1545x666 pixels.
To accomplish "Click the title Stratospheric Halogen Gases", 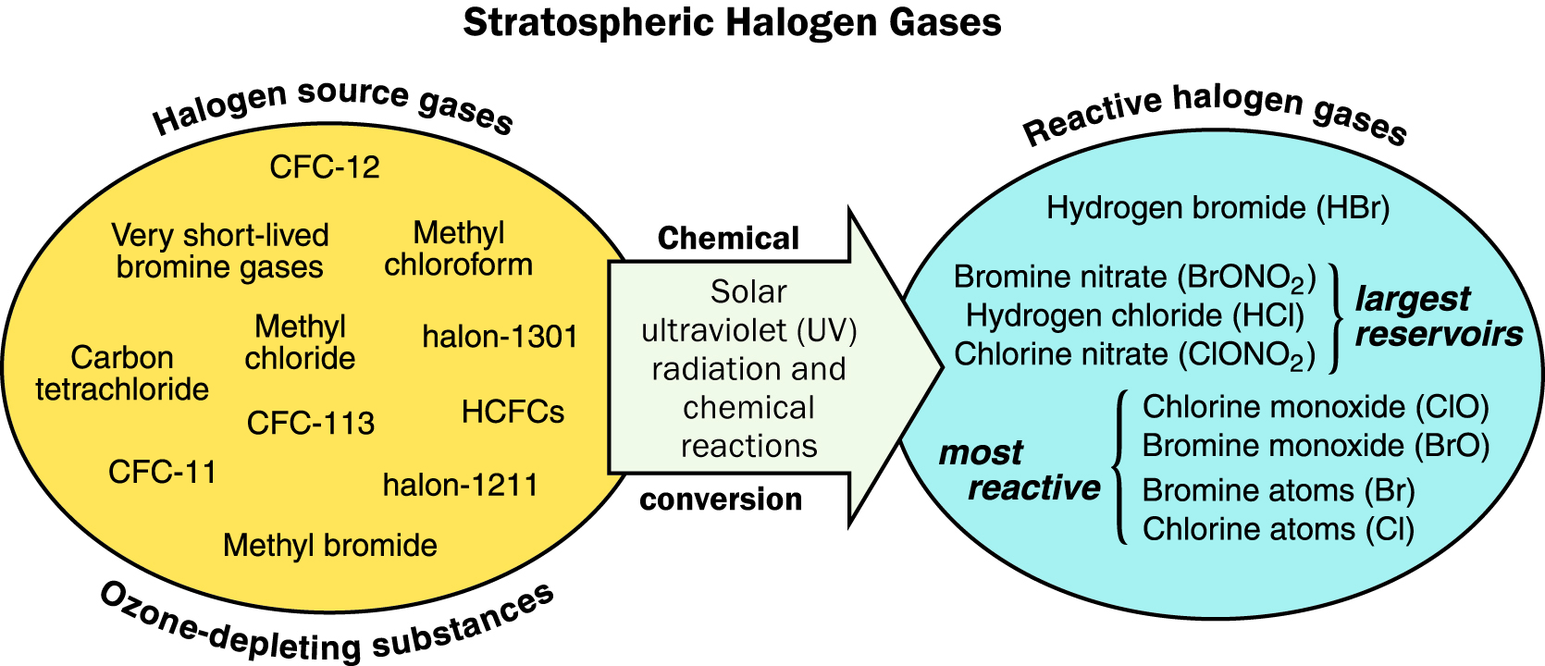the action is [732, 23].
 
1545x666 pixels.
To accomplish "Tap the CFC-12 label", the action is [324, 167].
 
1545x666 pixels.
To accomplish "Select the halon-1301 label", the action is [501, 337].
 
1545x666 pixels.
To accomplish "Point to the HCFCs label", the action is [513, 413].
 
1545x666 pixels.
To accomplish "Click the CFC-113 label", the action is [310, 424].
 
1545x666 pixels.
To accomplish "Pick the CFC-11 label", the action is [163, 473].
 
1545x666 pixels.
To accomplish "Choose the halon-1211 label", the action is [461, 486].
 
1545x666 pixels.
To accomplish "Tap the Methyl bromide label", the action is [329, 546].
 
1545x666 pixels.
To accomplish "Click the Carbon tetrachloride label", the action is [122, 374].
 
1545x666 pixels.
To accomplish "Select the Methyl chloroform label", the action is [459, 249].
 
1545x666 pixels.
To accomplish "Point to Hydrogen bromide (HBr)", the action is [1218, 208].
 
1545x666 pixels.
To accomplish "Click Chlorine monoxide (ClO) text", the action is [1316, 407].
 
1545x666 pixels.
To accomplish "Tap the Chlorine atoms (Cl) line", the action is [1279, 529].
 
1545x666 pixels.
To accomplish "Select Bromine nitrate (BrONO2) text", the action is [1135, 277].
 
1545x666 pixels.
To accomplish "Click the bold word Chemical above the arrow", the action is [728, 239].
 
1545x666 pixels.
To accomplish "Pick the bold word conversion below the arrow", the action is [721, 499].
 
